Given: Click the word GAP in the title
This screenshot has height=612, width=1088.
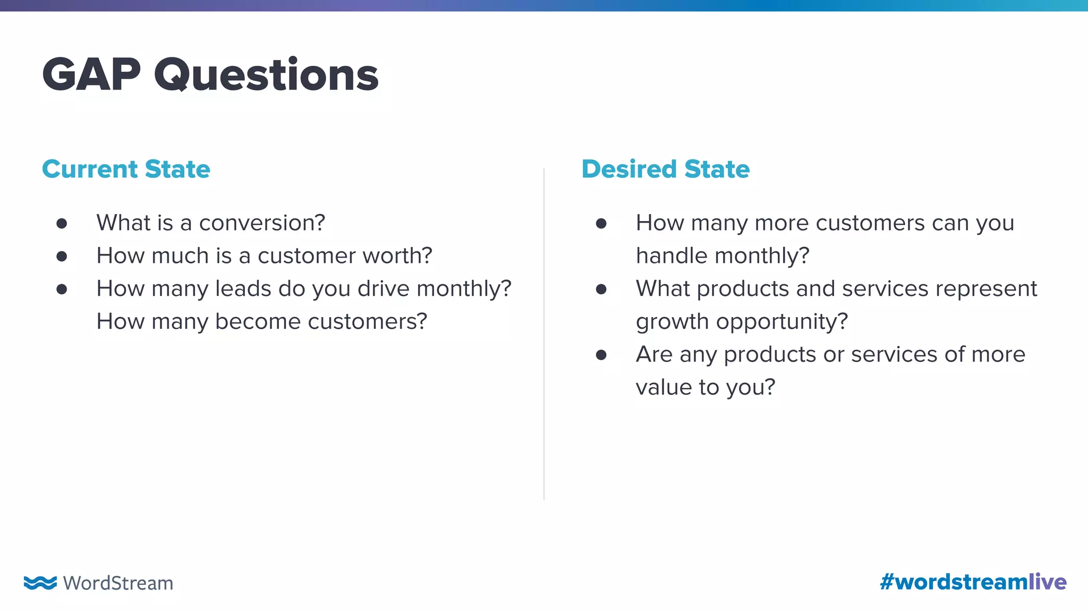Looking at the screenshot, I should coord(91,75).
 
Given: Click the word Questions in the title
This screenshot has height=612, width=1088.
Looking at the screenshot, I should coord(266,75).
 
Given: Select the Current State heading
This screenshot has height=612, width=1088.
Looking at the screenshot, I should coord(126,169).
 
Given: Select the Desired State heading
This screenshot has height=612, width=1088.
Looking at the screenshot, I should coord(665,169).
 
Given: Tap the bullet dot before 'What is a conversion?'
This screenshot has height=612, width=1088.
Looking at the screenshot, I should coord(62,224).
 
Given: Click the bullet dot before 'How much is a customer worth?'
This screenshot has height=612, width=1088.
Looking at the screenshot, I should coord(62,257).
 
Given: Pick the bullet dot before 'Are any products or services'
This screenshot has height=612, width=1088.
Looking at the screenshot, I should coord(601,355).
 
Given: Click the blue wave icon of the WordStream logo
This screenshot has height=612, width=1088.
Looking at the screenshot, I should coord(40,582).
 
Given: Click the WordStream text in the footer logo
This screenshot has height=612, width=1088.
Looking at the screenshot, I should coord(118,583).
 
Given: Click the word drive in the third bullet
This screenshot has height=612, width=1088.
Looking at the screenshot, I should coord(383,289).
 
